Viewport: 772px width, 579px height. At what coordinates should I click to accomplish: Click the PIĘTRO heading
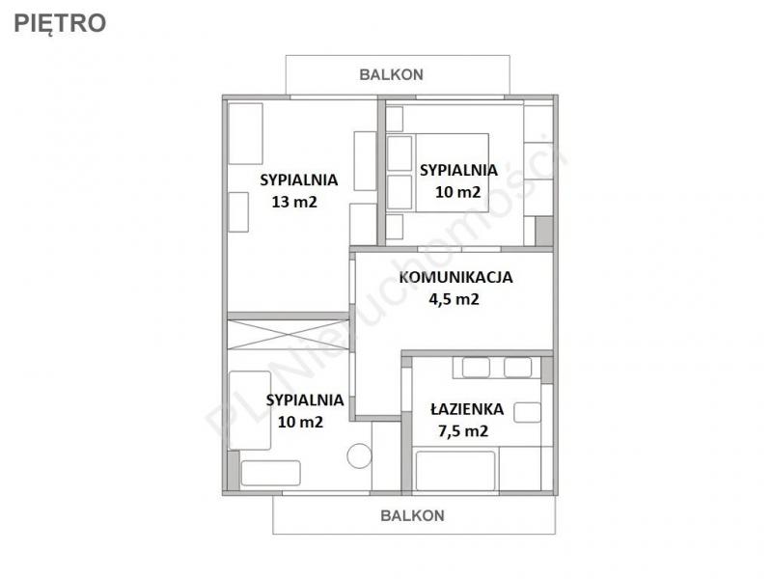coord(60,23)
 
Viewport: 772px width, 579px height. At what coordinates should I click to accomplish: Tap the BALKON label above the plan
coord(392,74)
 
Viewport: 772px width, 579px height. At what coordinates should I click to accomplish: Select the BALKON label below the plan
coord(413,515)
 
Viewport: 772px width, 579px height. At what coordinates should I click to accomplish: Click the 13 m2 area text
coord(294,202)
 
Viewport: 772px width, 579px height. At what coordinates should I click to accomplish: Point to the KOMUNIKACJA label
coord(455,277)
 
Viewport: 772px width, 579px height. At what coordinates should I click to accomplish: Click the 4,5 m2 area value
coord(454,299)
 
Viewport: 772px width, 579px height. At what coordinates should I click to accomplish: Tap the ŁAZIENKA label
coord(467,408)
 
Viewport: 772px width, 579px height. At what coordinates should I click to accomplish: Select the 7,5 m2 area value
coord(463,430)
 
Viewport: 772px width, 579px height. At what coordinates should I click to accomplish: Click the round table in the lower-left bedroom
coord(359,455)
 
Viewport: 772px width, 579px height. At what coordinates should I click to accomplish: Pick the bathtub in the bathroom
coord(455,471)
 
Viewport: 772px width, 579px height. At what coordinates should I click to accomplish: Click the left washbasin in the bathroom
coord(476,368)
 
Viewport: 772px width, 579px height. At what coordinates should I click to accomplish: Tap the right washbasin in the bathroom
coord(518,368)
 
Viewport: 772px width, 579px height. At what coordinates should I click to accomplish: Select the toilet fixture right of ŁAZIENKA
coord(527,413)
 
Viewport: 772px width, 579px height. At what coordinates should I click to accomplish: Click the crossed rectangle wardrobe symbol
coord(288,335)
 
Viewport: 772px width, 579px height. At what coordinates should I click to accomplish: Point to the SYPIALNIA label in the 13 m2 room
coord(299,179)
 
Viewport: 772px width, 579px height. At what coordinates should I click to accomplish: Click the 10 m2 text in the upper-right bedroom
coord(457,191)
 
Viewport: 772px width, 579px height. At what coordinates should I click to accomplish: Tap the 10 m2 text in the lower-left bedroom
coord(300,422)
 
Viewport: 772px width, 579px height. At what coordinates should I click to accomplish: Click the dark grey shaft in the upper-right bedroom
coord(544,231)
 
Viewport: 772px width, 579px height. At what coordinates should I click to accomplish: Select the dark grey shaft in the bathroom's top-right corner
coord(546,370)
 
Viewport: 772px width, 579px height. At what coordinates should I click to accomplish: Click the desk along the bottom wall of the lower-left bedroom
coord(271,473)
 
